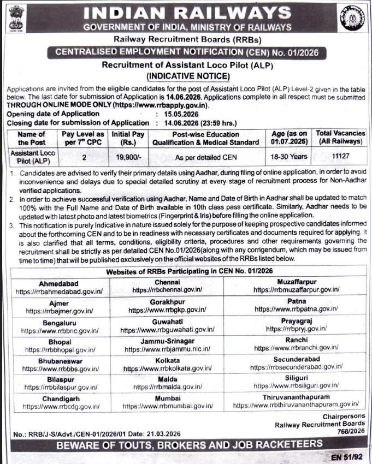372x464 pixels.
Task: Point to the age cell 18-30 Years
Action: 289,155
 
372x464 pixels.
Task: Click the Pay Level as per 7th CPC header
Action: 82,139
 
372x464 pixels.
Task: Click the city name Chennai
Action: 167,282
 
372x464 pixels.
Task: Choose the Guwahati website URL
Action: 167,330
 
